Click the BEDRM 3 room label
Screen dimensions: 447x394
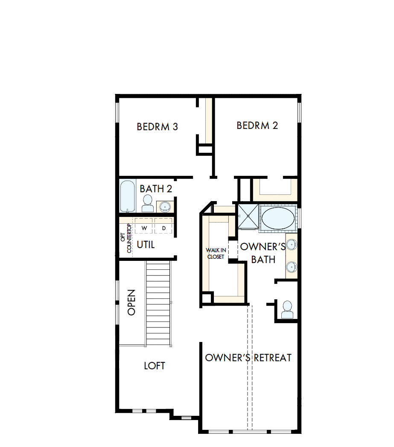pos(157,127)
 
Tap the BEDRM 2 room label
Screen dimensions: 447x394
pos(257,126)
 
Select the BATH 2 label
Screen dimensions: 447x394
pos(156,189)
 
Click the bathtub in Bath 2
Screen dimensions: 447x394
pos(127,196)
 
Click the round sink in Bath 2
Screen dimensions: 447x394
pos(165,207)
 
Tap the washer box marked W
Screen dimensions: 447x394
pos(144,228)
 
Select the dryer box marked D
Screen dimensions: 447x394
pos(163,228)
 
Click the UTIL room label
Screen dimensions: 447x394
pos(146,245)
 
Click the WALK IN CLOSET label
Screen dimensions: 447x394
pos(216,254)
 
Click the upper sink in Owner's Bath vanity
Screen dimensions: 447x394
pos(292,245)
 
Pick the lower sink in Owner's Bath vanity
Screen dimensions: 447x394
pos(292,267)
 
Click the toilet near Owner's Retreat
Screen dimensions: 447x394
pos(287,309)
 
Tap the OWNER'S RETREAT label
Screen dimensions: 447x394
pos(248,358)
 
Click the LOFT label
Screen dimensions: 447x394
pos(155,366)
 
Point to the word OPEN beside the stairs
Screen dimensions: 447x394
pos(131,302)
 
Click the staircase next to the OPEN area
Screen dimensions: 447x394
pos(158,303)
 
